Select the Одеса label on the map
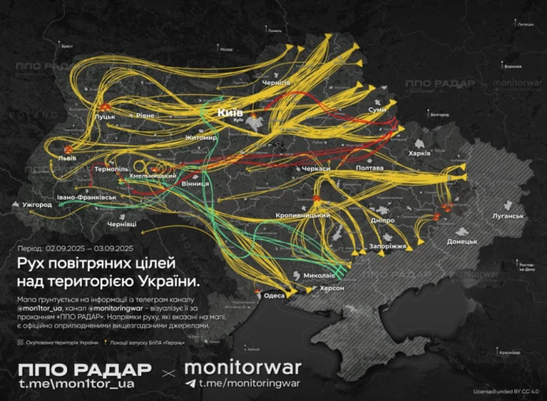point(274,296)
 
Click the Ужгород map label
point(37,204)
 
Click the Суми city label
point(378,112)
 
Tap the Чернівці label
point(121,224)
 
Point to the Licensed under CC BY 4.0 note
point(508,390)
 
